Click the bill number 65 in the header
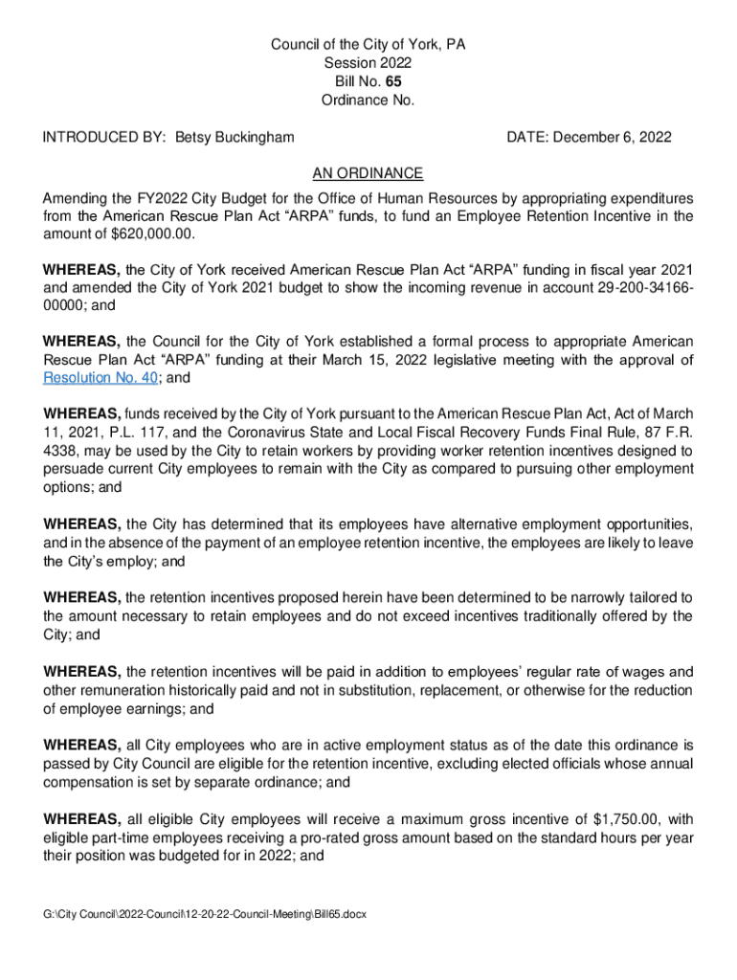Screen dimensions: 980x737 [x=380, y=81]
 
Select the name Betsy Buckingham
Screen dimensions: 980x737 [x=234, y=138]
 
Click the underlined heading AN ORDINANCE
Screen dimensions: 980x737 [x=368, y=173]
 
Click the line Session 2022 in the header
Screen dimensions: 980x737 [x=368, y=63]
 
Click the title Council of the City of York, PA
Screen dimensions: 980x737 [x=368, y=45]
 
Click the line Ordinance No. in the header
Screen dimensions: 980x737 [x=368, y=100]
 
